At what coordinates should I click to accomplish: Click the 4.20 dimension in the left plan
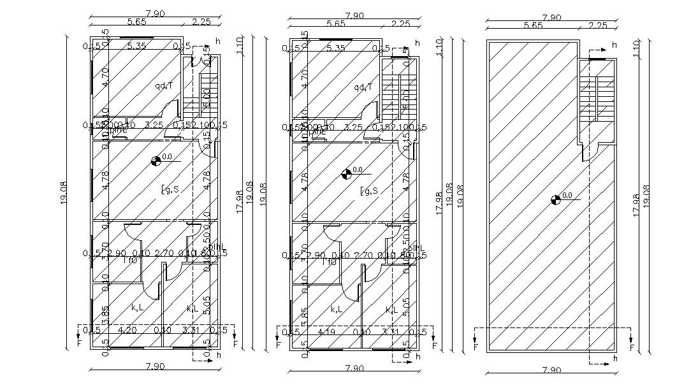(x=128, y=330)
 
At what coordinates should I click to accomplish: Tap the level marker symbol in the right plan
(x=555, y=200)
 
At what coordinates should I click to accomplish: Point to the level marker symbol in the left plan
(x=156, y=161)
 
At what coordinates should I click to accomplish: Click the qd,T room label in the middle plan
(x=363, y=87)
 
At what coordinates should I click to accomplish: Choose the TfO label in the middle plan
(x=330, y=261)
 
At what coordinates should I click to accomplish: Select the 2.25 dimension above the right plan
(x=597, y=25)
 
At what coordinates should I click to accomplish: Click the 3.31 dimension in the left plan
(x=191, y=330)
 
